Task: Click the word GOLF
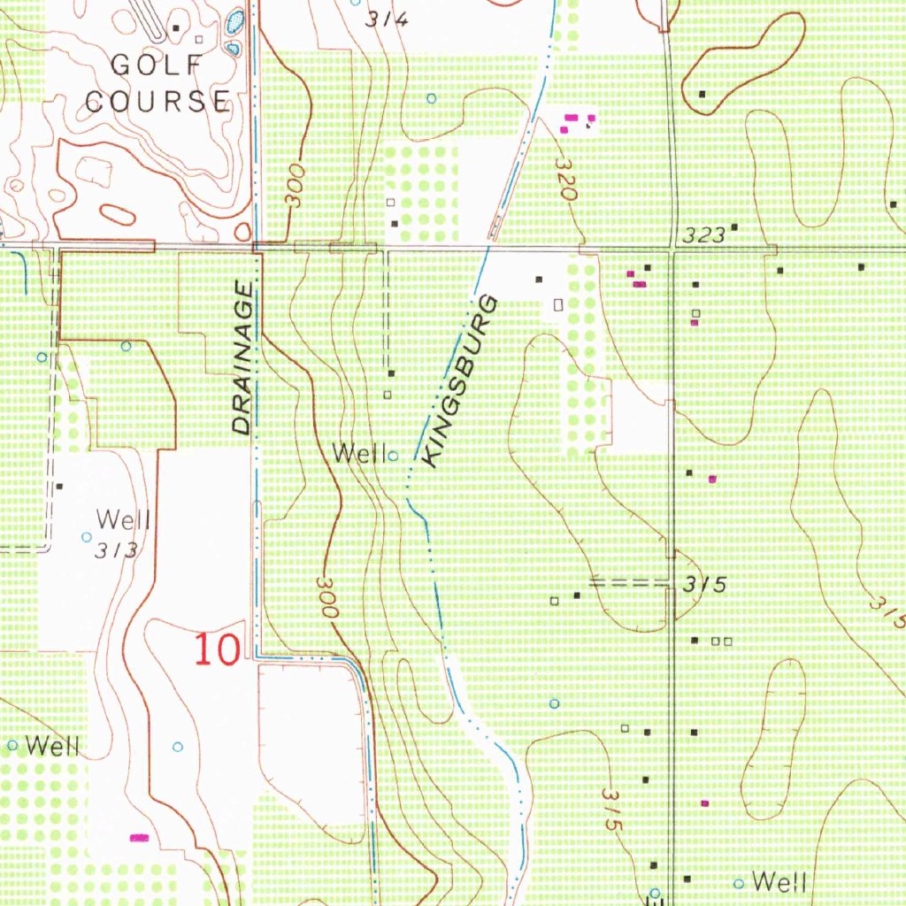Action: click(157, 65)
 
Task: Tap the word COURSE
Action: click(157, 100)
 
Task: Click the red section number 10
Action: click(217, 650)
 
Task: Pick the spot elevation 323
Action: click(705, 235)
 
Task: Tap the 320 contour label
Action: click(565, 178)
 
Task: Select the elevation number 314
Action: click(387, 19)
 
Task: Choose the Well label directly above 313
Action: click(123, 519)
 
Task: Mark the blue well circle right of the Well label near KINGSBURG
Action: click(393, 456)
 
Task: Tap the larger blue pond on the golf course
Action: click(234, 22)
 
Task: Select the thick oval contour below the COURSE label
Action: click(117, 213)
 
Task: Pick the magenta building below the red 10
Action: click(139, 836)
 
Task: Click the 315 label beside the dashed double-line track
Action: click(705, 585)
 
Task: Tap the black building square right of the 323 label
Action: click(733, 228)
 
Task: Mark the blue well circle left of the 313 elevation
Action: click(86, 537)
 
